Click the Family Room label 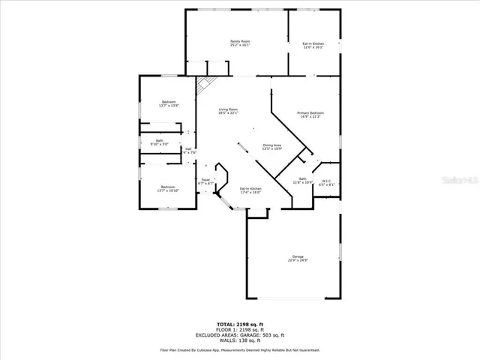click(239, 43)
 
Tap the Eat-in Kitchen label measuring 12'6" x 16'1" click(313, 44)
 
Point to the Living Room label click(228, 112)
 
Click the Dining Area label click(271, 146)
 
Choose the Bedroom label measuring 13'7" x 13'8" click(168, 103)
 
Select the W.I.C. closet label click(326, 182)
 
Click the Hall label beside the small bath click(189, 149)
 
